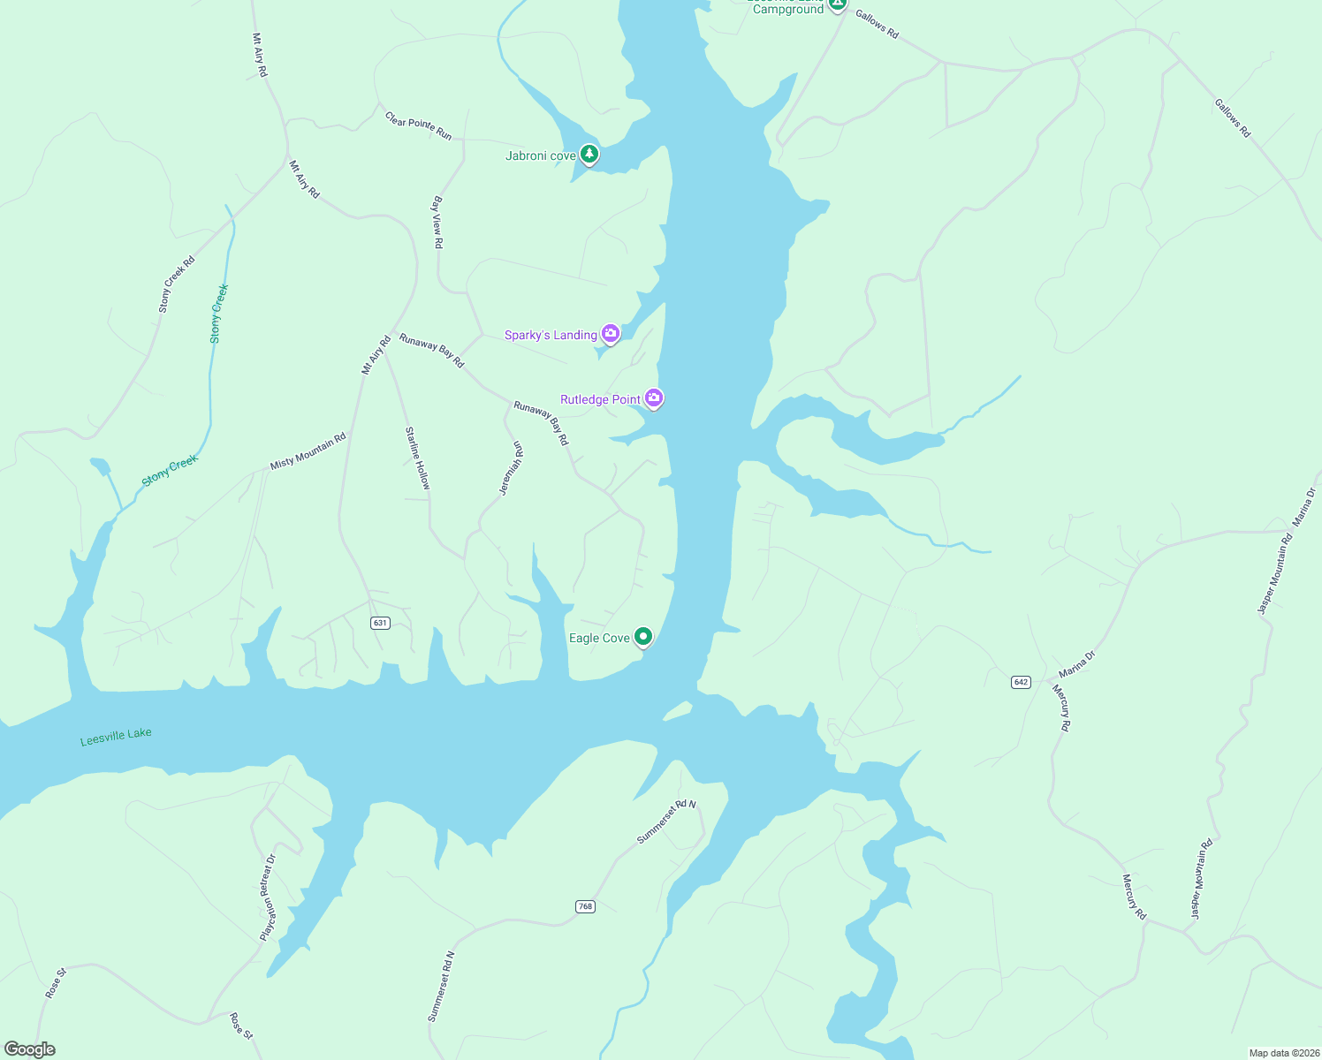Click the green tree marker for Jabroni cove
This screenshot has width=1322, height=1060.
[x=589, y=155]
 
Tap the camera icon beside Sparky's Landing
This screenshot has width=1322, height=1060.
[x=610, y=333]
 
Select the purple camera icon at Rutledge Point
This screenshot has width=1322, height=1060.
[x=654, y=398]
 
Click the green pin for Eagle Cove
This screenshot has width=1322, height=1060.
[x=644, y=636]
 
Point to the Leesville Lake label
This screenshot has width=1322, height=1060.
[x=116, y=736]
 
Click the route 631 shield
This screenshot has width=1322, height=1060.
[x=380, y=623]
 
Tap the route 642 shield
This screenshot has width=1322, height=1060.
[x=1021, y=682]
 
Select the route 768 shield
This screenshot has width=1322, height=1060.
[x=585, y=906]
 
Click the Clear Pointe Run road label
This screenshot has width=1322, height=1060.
[x=419, y=125]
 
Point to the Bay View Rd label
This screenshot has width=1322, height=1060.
[x=437, y=222]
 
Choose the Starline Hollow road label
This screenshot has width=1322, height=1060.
[x=417, y=458]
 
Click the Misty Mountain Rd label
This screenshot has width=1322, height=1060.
[x=308, y=450]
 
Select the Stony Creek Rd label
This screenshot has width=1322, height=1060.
[x=176, y=284]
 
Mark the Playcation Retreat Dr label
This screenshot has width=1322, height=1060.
[x=268, y=897]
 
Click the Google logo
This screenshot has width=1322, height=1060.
[x=30, y=1049]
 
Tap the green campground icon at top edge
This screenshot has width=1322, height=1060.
[x=838, y=4]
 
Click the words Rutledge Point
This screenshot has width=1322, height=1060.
[x=600, y=400]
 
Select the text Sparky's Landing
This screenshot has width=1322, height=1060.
[x=551, y=336]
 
